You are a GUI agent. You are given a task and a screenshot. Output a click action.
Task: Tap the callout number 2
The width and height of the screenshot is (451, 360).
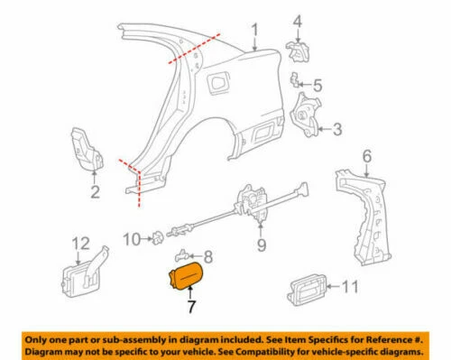[x=95, y=191]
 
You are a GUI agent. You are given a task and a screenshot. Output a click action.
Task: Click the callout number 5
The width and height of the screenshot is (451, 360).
[x=317, y=89]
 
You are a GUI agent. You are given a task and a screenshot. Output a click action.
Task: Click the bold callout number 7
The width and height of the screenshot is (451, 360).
[x=190, y=306]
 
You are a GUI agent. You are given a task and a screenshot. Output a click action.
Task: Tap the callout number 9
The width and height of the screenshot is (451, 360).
[x=262, y=244]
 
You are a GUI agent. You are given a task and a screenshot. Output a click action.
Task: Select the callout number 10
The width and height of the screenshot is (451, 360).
[x=128, y=238]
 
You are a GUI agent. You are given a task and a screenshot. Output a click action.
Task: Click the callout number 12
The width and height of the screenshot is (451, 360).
[x=80, y=242]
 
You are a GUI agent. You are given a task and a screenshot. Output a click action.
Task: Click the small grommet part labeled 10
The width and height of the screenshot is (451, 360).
[x=155, y=237]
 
